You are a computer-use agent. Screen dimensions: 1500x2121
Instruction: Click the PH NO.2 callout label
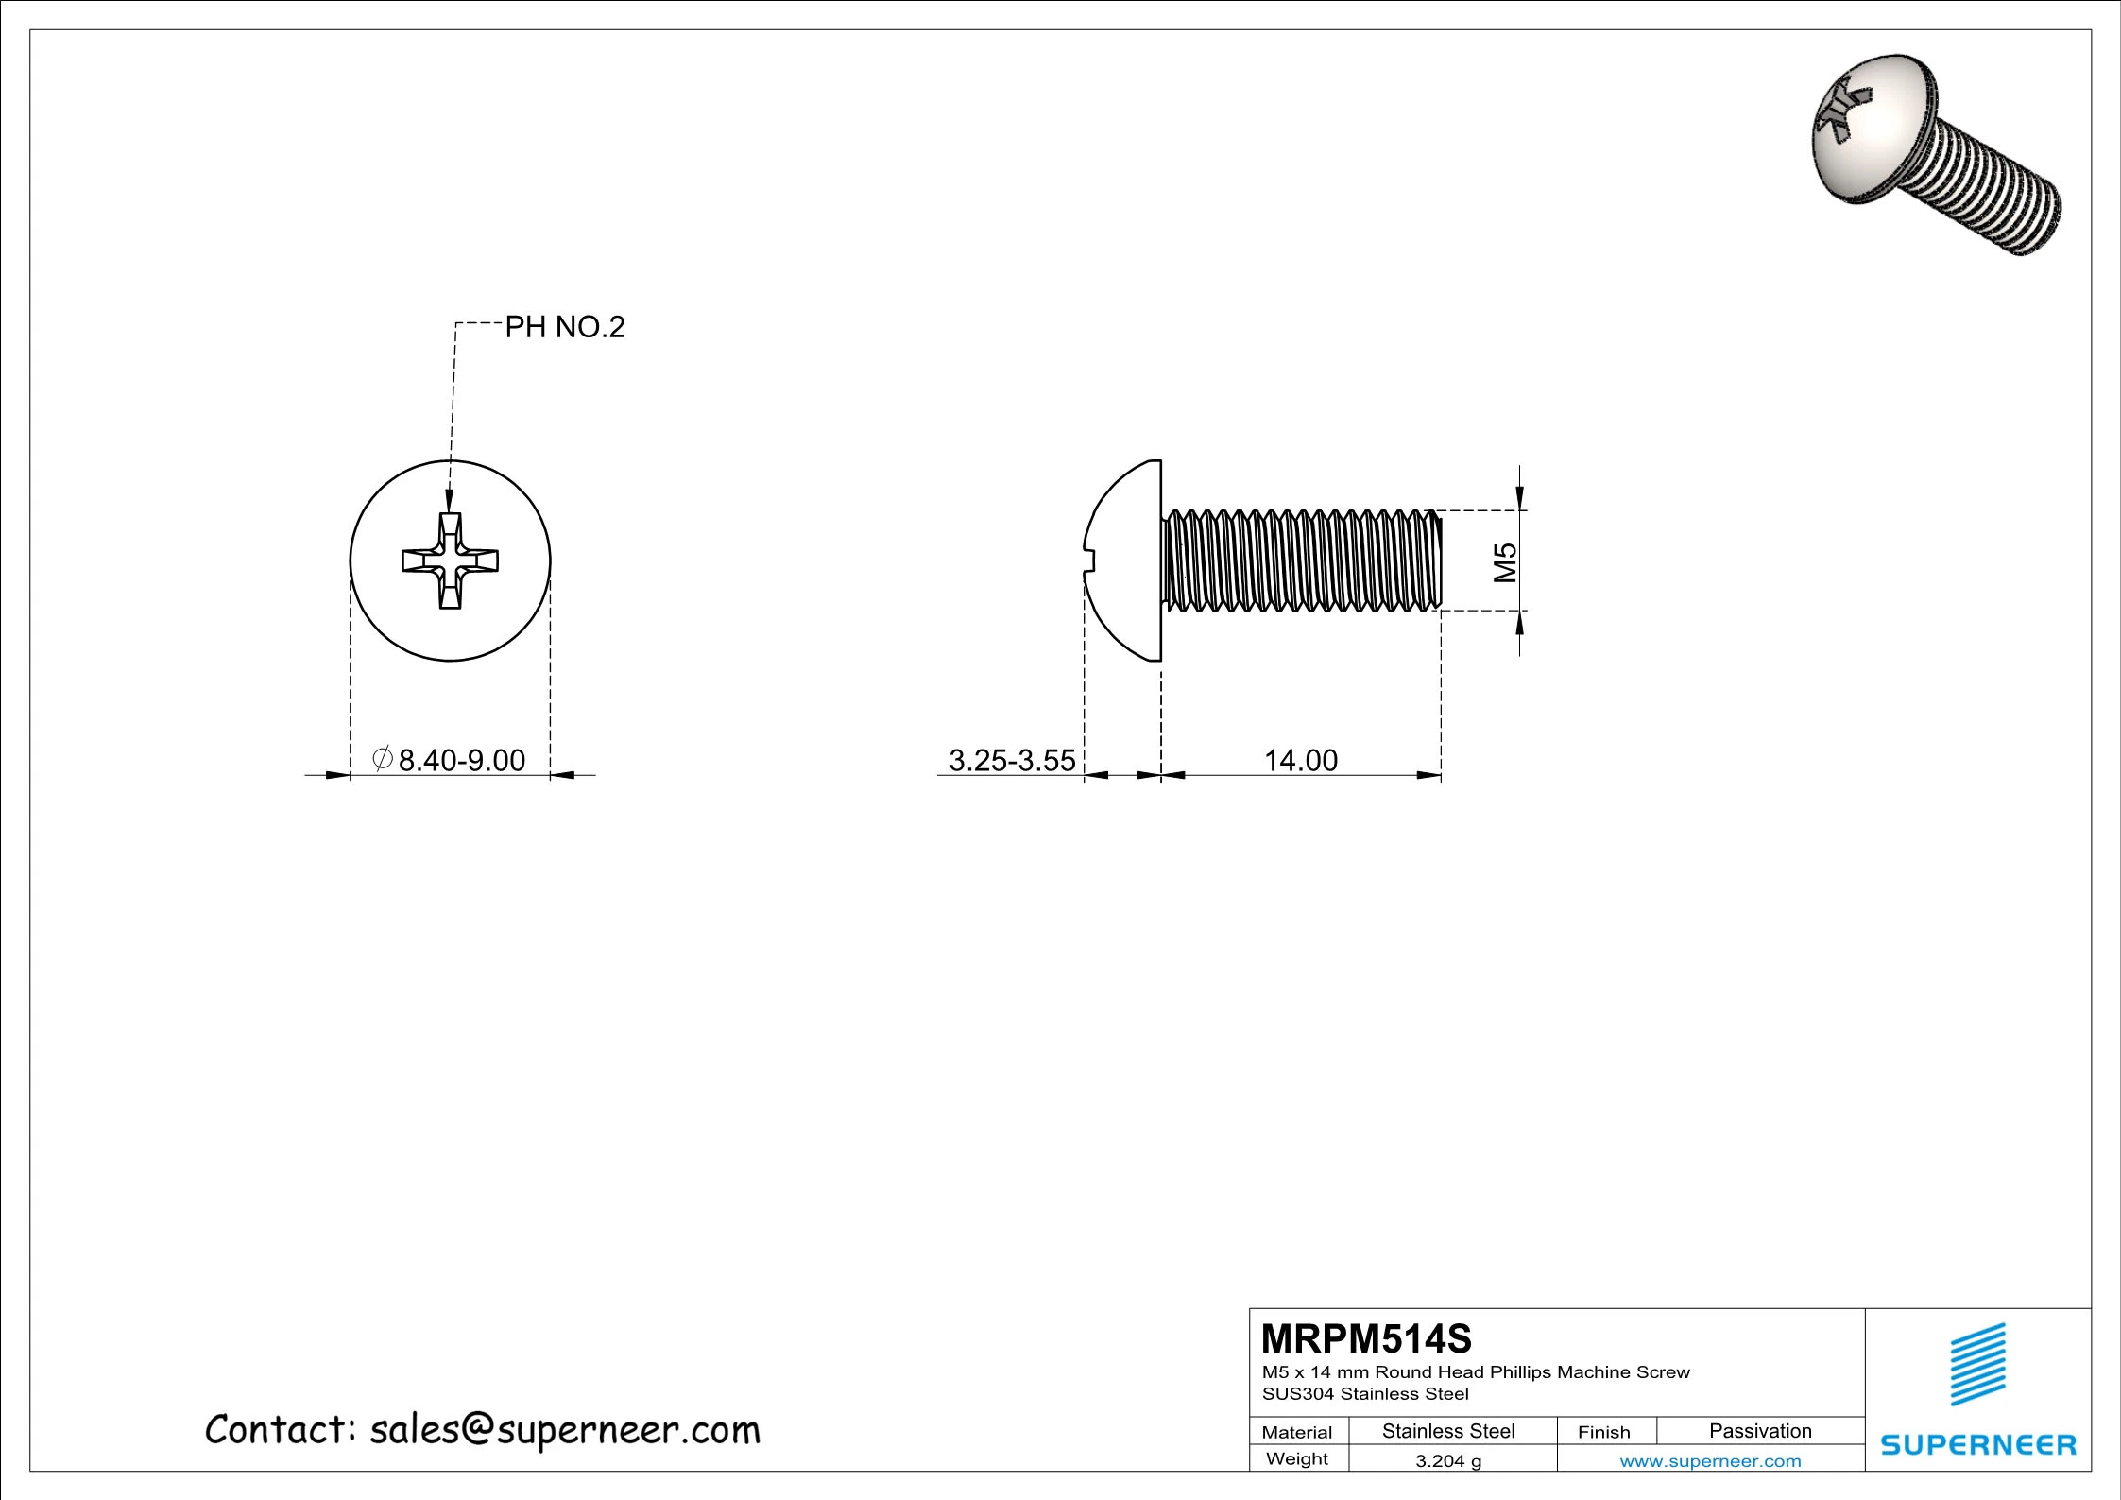pos(564,327)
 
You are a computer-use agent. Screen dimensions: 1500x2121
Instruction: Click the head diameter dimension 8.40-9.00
pos(461,760)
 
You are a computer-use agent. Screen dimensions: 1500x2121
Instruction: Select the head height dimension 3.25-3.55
pos(1011,760)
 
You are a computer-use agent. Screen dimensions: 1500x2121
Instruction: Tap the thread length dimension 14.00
pos(1300,760)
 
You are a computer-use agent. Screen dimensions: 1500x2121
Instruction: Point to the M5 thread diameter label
pos(1504,561)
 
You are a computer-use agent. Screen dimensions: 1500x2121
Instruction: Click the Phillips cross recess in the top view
pos(451,560)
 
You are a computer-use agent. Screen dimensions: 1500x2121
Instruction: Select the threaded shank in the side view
pos(1302,560)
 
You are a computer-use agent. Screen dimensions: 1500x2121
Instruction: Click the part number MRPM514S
pos(1366,1338)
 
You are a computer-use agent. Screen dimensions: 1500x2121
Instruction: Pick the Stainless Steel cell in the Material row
pos(1447,1431)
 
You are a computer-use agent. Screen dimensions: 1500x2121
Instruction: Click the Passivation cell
pos(1759,1431)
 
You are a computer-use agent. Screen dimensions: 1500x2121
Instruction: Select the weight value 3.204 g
pos(1447,1461)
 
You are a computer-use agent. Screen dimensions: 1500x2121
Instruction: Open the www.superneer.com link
pos(1710,1461)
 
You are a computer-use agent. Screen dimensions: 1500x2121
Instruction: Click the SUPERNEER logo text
pos(1978,1445)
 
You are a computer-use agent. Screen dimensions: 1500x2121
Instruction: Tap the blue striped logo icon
pos(1978,1364)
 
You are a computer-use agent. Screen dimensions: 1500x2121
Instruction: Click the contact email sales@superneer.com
pos(564,1430)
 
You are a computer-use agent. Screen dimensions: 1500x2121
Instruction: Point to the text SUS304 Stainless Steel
pos(1365,1394)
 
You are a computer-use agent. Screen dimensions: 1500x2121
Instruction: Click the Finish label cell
pos(1603,1432)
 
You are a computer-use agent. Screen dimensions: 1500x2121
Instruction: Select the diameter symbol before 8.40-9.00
pos(383,758)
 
